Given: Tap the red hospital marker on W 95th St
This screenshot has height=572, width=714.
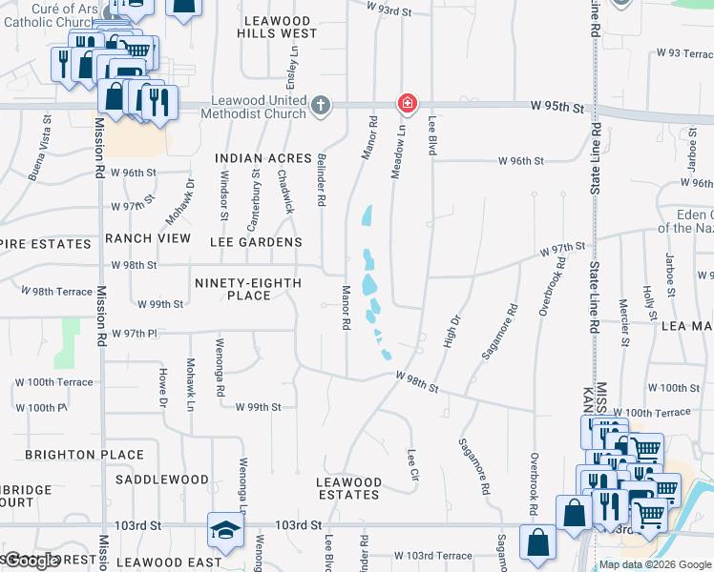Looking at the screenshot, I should coord(407,102).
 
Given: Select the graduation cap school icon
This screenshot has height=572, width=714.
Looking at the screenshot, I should coord(225,530).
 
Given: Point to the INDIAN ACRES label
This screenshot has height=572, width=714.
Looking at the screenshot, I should coord(263,158).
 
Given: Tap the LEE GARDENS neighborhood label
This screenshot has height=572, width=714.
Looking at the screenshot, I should coord(258,243).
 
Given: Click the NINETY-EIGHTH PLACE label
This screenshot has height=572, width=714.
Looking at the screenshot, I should coord(248,290).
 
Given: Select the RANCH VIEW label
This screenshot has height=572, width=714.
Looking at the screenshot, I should coord(148,238).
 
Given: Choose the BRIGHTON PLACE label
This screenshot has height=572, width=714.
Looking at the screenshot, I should coord(85,456).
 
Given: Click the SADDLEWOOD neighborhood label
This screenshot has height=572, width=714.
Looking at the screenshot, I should coord(162,480).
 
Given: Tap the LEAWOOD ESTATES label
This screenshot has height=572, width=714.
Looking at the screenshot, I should coord(349,488).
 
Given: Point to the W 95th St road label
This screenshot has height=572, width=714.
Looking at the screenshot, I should coord(556,108).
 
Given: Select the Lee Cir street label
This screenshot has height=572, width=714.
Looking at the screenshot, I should coord(412,464).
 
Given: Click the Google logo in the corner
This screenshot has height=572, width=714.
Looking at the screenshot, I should coord(31,561).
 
